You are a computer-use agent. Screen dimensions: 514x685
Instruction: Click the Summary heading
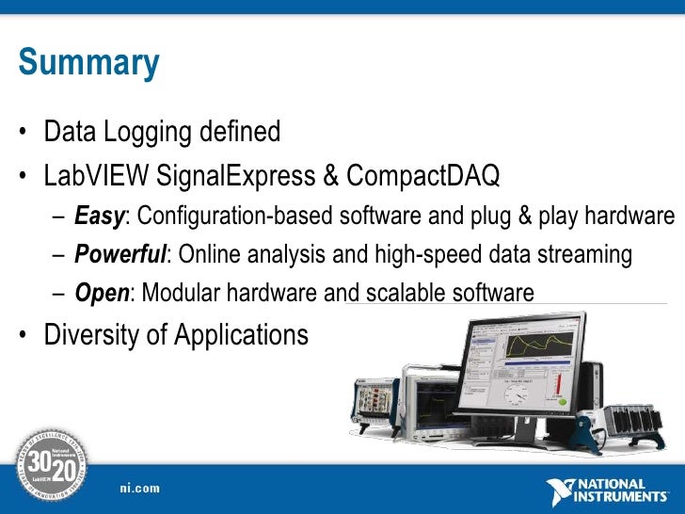(88, 63)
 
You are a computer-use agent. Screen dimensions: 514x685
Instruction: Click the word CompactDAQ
(423, 175)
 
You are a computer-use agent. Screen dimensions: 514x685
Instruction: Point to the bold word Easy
(99, 217)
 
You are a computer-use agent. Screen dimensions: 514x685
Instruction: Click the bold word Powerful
(119, 255)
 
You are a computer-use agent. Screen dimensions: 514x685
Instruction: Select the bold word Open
(101, 294)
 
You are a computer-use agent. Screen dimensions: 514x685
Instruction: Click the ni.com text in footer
(139, 489)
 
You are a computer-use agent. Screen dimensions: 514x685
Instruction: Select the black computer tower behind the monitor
(592, 386)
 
